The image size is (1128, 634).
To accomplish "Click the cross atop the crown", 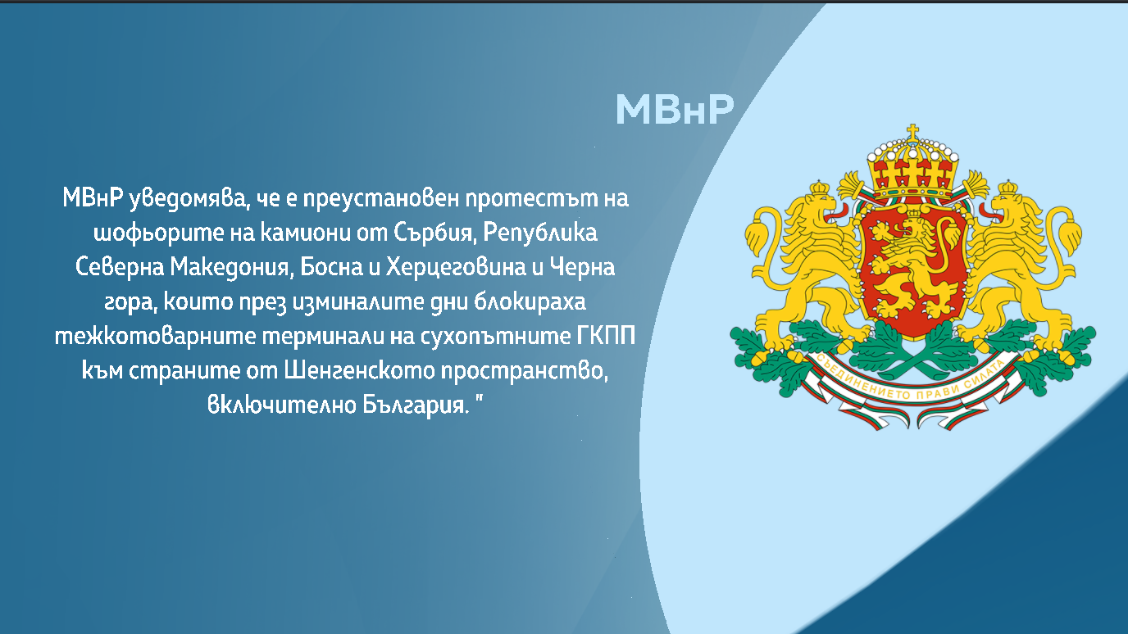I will (x=912, y=131).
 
